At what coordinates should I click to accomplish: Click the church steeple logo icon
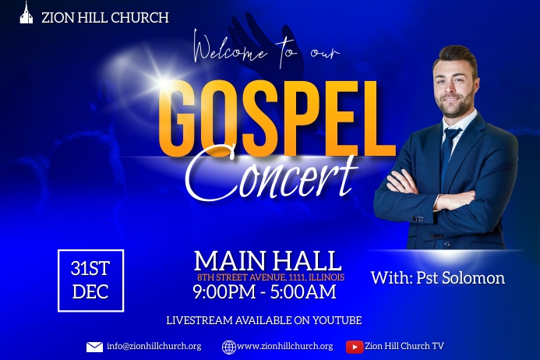point(26,13)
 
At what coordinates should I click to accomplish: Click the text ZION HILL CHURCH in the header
point(104,17)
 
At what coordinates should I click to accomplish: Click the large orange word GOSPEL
point(276,116)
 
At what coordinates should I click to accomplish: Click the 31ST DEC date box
point(90,281)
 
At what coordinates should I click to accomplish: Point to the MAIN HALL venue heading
point(267,260)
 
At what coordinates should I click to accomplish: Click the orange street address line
point(270,277)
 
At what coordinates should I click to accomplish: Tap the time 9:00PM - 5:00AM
point(264,292)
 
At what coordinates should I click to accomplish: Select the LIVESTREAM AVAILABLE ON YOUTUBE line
point(263,320)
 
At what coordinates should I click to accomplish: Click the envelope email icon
point(94,347)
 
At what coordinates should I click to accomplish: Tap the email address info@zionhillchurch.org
point(154,346)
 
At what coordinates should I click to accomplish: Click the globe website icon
point(228,347)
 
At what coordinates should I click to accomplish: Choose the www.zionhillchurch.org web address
point(284,346)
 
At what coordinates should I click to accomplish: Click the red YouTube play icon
point(354,347)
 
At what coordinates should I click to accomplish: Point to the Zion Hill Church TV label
point(404,346)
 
